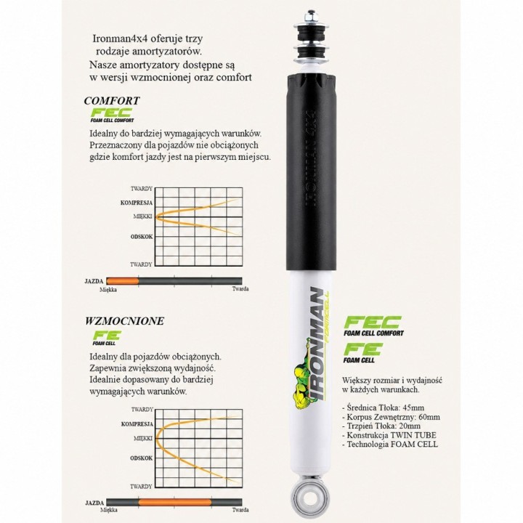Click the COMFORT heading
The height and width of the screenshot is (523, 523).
[112, 100]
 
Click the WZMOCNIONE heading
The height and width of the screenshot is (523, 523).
[124, 321]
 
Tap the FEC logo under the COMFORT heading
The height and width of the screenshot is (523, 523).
[112, 115]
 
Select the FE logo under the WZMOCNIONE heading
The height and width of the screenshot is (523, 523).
[107, 338]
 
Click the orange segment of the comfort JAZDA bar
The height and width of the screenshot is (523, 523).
[123, 281]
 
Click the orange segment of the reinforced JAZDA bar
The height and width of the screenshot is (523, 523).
[175, 503]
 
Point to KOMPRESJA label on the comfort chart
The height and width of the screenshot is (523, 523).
[137, 203]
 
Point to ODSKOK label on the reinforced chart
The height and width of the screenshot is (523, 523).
[142, 458]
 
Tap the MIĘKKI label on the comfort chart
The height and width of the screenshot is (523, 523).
[143, 216]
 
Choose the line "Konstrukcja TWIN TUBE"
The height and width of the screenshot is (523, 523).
[389, 435]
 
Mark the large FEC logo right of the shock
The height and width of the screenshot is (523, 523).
[373, 326]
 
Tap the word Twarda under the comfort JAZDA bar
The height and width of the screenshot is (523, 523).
[240, 289]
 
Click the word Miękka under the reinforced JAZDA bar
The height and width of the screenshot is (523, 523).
[109, 510]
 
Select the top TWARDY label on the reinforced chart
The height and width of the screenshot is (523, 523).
[142, 409]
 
